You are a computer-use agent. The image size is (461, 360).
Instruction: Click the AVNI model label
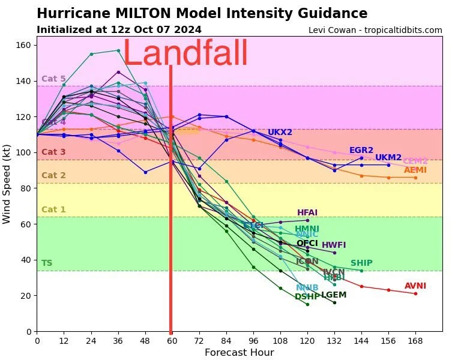pos(415,286)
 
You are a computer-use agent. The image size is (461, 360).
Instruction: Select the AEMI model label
pos(415,170)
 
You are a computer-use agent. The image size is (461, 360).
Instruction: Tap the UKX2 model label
pos(280,133)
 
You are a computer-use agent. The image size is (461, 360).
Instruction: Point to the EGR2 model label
pos(361,151)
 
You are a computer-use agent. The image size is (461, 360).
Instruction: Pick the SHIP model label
pos(361,263)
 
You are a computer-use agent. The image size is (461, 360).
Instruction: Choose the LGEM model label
pos(334,295)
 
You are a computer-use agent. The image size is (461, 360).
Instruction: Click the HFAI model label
pos(307,213)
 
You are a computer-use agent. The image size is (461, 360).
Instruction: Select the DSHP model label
pos(307,297)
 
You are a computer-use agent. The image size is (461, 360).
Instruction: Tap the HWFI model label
pos(334,245)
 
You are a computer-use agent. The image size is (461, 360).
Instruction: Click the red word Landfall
pos(185,54)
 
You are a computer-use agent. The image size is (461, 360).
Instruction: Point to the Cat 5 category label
pos(53,79)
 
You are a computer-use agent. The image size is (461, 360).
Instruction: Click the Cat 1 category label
pos(53,210)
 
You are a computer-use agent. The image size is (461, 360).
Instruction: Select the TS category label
pos(46,263)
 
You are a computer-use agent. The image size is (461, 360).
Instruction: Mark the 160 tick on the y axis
pos(26,46)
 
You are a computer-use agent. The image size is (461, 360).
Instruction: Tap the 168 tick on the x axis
pos(415,340)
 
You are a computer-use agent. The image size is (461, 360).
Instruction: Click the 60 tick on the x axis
pos(172,340)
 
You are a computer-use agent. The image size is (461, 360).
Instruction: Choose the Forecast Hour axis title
pos(239,353)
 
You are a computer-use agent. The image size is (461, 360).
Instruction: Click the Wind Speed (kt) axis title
pos(7,184)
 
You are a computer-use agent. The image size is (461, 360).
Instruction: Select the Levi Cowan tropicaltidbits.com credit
pos(375,30)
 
